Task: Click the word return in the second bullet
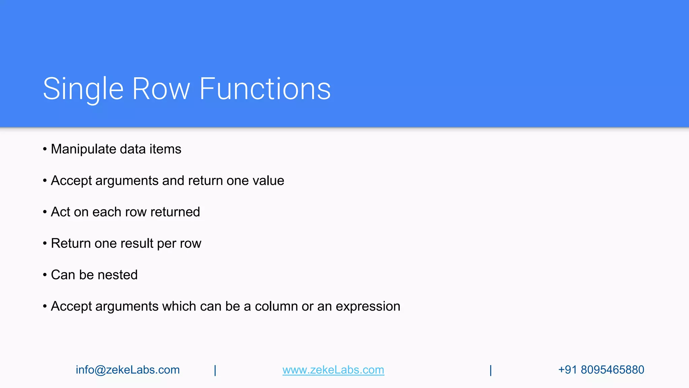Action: coord(206,181)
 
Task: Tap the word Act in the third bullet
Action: coord(60,212)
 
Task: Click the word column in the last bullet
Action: coord(276,306)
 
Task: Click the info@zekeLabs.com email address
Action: coord(128,370)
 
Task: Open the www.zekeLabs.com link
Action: coord(333,370)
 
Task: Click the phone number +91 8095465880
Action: coord(601,370)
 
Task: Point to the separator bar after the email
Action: coord(215,370)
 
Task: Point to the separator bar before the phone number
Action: coord(491,370)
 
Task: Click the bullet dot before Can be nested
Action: coord(45,275)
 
